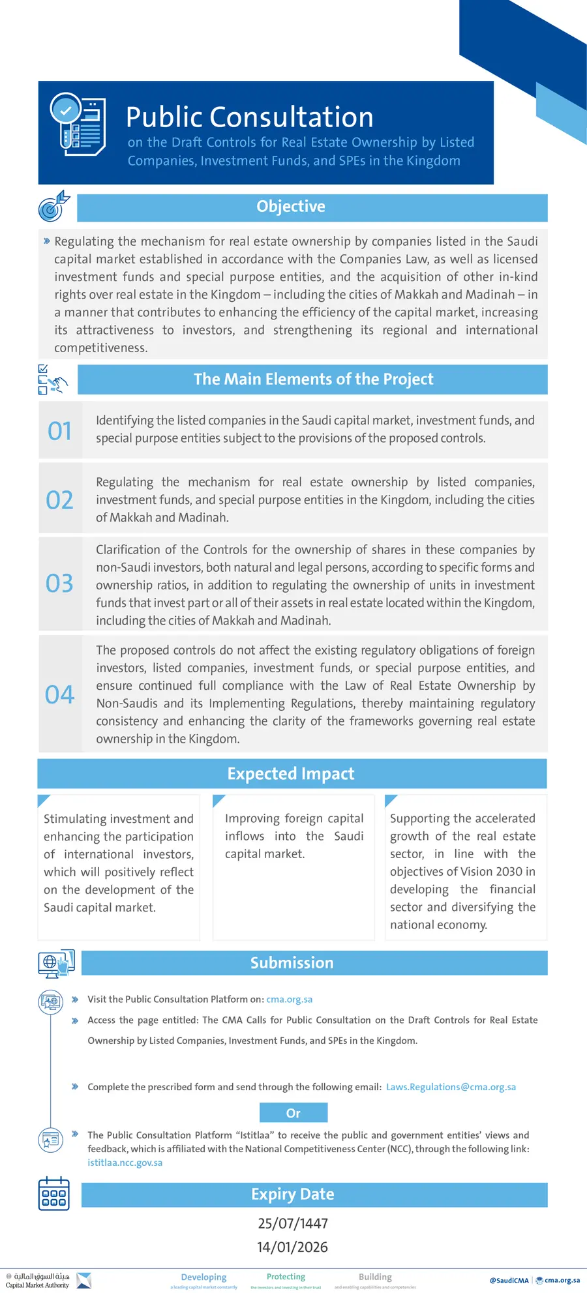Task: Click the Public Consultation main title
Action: point(249,117)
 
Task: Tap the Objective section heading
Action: point(291,207)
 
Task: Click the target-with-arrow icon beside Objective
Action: point(53,206)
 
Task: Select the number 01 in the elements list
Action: point(59,431)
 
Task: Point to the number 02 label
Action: point(59,500)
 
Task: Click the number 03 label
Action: point(59,584)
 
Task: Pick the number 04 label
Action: point(59,694)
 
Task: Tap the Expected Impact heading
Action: point(291,774)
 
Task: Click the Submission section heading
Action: point(292,963)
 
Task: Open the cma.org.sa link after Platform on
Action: point(289,1000)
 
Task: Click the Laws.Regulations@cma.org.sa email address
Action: point(451,1087)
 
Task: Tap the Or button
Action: point(293,1113)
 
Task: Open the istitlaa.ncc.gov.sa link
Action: point(125,1163)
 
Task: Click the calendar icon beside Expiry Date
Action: point(54,1194)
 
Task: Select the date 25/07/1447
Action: point(293,1223)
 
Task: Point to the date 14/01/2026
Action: point(293,1247)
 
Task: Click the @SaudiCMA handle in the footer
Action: point(509,1280)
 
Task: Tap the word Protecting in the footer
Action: point(286,1277)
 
